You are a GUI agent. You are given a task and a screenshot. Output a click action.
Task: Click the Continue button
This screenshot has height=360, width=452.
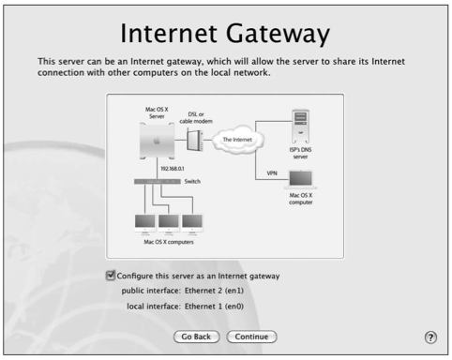point(251,337)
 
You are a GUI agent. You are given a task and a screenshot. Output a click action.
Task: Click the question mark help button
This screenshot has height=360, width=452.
point(430,337)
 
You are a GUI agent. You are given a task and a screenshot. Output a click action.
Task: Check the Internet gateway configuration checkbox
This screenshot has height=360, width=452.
point(111,276)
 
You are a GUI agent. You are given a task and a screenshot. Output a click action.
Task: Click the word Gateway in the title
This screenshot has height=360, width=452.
point(278,34)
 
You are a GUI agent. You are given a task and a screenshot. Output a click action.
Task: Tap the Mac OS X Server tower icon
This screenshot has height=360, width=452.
point(157,141)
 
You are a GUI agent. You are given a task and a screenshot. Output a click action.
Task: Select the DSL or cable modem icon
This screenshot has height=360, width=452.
point(195,141)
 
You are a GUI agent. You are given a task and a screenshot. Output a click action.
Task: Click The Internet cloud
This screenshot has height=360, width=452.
point(237,140)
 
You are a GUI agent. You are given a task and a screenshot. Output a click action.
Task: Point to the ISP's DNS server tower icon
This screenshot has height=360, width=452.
point(300,127)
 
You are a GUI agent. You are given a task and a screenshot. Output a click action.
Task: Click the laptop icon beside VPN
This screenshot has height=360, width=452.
point(300,180)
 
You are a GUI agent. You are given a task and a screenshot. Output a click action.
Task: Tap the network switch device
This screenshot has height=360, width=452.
point(158,181)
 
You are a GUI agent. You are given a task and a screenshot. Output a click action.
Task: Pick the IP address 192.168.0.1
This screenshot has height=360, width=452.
point(173,169)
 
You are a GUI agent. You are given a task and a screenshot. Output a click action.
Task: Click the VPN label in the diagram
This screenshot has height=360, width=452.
point(272,173)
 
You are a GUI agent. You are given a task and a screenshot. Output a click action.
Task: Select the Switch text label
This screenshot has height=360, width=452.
point(192,181)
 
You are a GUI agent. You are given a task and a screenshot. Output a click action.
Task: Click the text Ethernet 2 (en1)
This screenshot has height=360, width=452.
point(214,291)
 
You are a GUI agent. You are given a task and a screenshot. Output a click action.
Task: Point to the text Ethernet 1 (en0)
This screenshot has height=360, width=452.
point(214,307)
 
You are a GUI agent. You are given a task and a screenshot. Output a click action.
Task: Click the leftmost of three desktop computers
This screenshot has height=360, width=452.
point(144,224)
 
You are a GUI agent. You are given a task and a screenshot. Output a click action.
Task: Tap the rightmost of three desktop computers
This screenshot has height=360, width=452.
point(192,224)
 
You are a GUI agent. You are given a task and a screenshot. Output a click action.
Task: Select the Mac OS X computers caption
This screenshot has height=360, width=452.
point(169,242)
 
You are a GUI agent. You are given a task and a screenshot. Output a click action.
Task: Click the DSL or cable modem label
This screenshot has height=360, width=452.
point(196,118)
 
